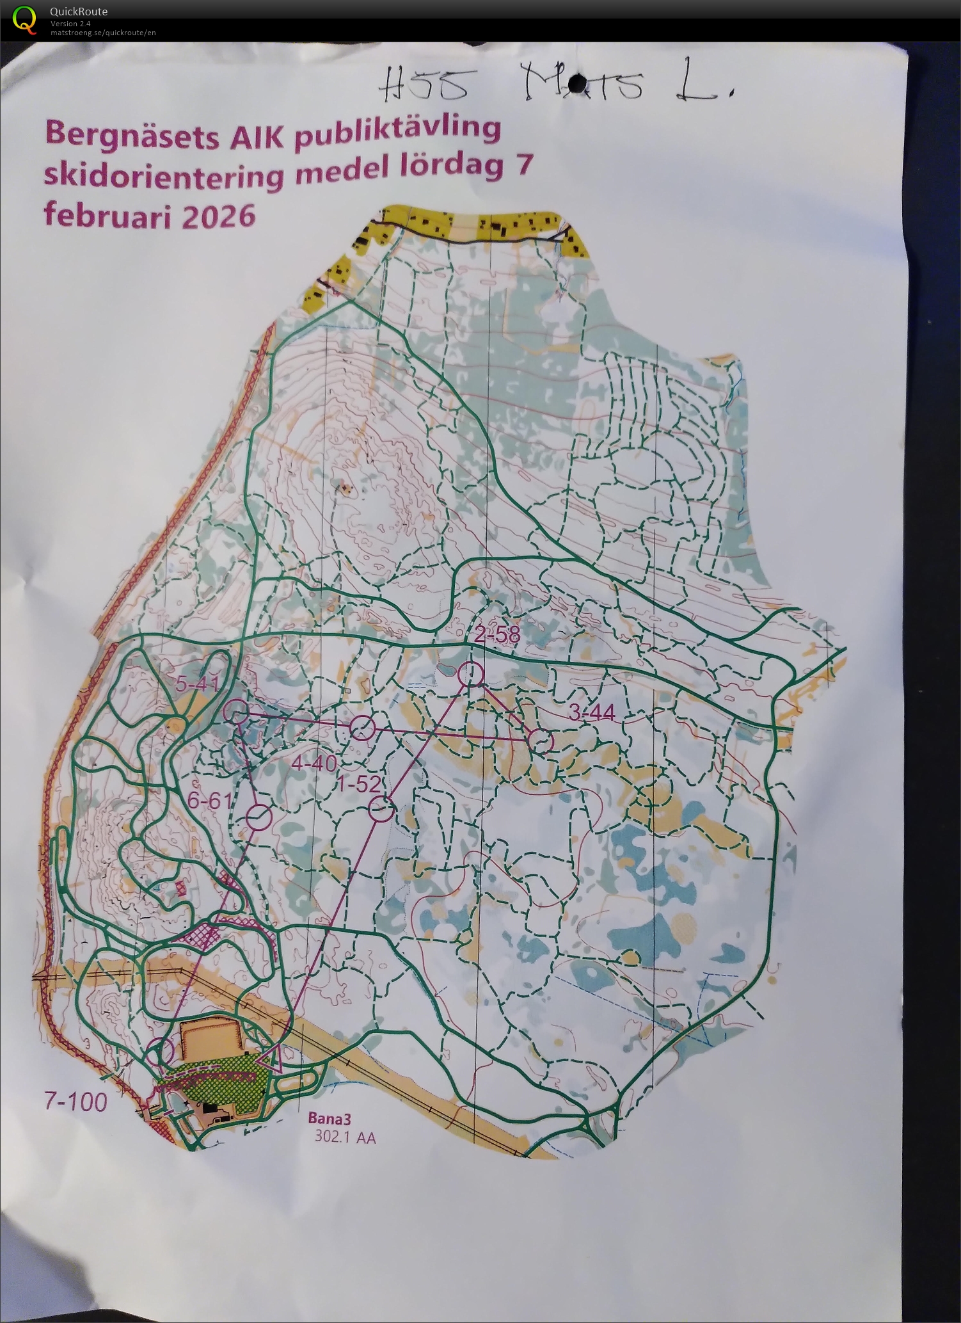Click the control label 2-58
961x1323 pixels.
pos(497,636)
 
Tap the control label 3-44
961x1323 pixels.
pos(591,712)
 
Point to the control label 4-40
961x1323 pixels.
pos(314,763)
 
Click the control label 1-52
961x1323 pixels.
pos(360,784)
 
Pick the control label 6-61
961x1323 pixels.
pos(209,800)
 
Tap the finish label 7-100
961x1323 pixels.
pos(75,1102)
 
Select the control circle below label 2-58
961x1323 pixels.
pos(470,674)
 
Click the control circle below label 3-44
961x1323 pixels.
pos(541,741)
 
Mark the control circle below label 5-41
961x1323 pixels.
pos(236,711)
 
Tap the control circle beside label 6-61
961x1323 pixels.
pos(259,817)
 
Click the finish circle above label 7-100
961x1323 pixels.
pos(160,1052)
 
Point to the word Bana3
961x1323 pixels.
pos(330,1119)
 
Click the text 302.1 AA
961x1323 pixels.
pos(345,1137)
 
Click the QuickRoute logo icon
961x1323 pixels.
pos(24,19)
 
